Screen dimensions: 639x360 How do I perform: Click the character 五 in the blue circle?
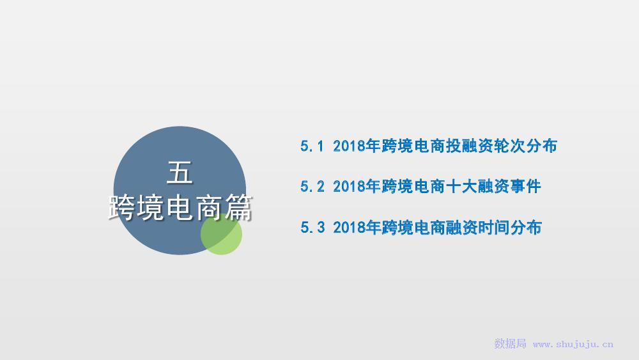(x=180, y=173)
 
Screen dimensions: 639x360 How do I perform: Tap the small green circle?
(x=221, y=233)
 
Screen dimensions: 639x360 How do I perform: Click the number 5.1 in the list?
(x=312, y=146)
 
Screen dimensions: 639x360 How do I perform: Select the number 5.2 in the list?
(x=312, y=187)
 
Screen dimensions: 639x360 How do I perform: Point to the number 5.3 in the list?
(x=312, y=228)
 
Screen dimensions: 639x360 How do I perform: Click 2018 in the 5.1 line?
(x=349, y=146)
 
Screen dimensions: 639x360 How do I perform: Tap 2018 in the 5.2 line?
(x=349, y=187)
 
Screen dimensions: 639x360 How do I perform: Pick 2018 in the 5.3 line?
(x=349, y=228)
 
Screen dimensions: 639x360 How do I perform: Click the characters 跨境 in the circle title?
(x=136, y=208)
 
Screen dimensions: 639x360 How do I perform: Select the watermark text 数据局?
(x=510, y=343)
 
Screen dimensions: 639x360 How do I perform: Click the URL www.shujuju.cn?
(x=573, y=345)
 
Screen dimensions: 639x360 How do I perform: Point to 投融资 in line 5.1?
(x=470, y=146)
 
